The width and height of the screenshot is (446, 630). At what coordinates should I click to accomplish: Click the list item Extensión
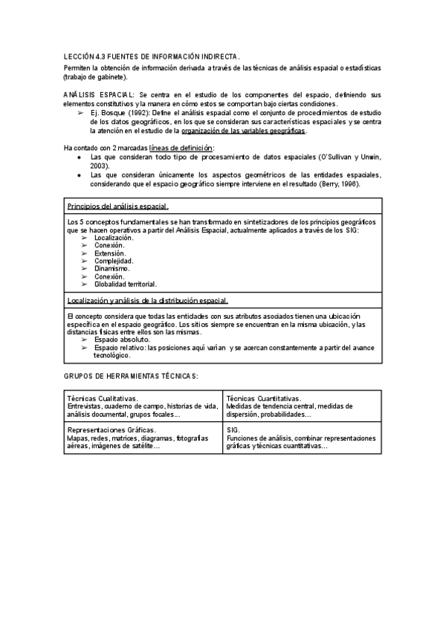click(110, 253)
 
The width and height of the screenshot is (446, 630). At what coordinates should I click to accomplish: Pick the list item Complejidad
click(114, 261)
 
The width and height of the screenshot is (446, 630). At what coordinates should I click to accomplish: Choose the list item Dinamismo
click(112, 269)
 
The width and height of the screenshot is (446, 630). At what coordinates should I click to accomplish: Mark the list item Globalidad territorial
click(126, 284)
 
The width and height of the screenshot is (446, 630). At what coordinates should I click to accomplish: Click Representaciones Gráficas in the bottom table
click(111, 430)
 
